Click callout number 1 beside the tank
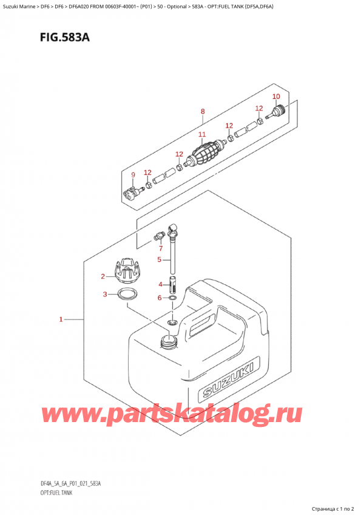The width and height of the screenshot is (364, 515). click(x=61, y=318)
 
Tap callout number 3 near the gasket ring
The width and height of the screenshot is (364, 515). click(x=105, y=295)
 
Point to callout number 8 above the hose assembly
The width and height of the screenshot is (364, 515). click(x=203, y=111)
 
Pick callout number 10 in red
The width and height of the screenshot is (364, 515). click(x=276, y=97)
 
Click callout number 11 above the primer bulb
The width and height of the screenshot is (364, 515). click(x=202, y=134)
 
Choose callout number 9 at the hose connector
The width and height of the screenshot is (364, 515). click(x=133, y=176)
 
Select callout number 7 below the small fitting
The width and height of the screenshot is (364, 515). click(x=161, y=248)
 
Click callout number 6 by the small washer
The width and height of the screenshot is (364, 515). click(x=160, y=298)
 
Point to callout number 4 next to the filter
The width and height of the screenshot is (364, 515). click(x=160, y=284)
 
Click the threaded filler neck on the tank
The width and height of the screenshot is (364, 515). click(x=168, y=341)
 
